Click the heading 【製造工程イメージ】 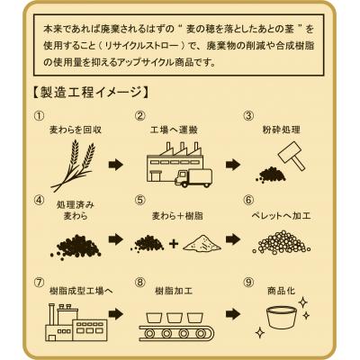[x=91, y=93]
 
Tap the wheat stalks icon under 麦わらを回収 [x=74, y=166]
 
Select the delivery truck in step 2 [x=193, y=178]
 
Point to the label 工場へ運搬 [x=174, y=130]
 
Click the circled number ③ [x=248, y=116]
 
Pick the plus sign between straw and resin [x=174, y=244]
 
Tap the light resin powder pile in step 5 [x=202, y=243]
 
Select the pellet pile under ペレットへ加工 [x=281, y=241]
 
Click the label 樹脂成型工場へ [x=81, y=291]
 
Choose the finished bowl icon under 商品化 [x=282, y=317]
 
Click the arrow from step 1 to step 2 [x=116, y=165]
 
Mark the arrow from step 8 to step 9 [x=233, y=314]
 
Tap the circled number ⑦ [x=39, y=283]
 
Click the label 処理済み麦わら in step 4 [x=76, y=211]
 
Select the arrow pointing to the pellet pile [x=233, y=239]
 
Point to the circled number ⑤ [x=140, y=200]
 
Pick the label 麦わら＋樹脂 [x=177, y=216]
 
